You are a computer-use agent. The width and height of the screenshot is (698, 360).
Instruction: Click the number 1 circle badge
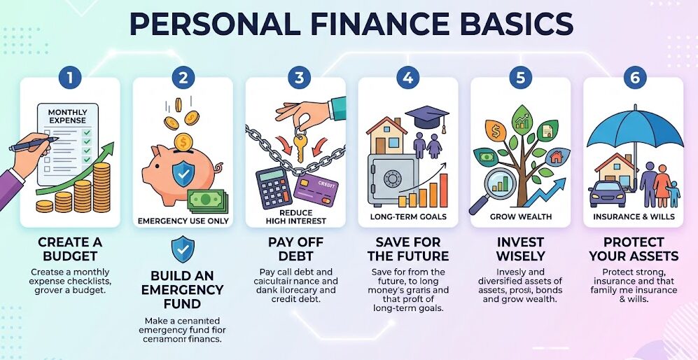[70, 78]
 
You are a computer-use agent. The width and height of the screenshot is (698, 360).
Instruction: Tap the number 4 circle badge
[407, 78]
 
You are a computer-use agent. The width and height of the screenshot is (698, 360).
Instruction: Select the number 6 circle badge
[634, 78]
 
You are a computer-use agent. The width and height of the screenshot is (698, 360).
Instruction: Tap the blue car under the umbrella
[607, 194]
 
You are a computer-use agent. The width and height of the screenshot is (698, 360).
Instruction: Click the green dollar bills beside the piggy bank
[207, 200]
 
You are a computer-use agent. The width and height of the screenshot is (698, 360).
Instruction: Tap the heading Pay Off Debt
[295, 248]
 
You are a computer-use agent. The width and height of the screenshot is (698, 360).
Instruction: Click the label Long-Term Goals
[407, 216]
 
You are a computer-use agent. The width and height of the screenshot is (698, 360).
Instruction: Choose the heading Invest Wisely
[520, 248]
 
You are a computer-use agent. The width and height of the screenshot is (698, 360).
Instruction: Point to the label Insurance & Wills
[634, 216]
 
